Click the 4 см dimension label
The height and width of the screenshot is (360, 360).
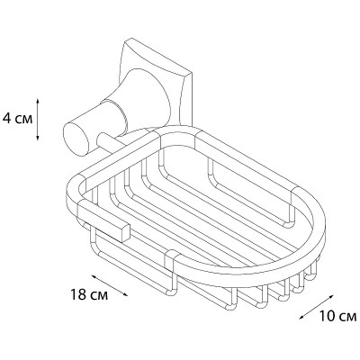[17, 119]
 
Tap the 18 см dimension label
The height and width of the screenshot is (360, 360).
[89, 295]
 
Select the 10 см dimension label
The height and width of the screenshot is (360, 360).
[337, 316]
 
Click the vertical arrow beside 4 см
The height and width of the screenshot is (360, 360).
[38, 119]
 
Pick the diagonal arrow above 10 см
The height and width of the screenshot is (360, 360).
[316, 308]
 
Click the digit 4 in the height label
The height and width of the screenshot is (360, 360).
[6, 119]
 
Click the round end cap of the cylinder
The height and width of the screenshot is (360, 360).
[76, 141]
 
